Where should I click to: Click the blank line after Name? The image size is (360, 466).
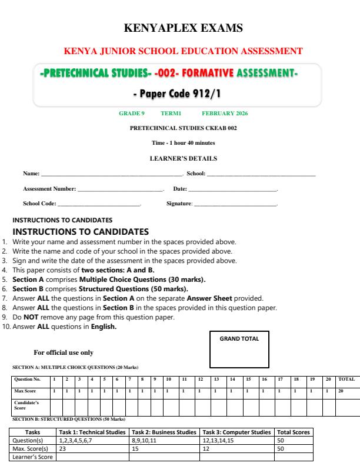[x=112, y=175]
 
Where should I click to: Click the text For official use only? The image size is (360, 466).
[x=64, y=352]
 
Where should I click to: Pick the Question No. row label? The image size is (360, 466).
[x=31, y=380]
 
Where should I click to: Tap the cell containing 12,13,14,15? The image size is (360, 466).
[x=236, y=440]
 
